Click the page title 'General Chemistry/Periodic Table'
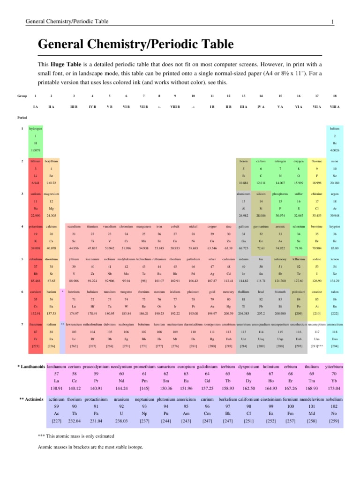point(135,45)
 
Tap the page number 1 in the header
point(332,22)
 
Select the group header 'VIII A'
point(335,107)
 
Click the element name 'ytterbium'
point(334,366)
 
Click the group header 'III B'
point(74,107)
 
